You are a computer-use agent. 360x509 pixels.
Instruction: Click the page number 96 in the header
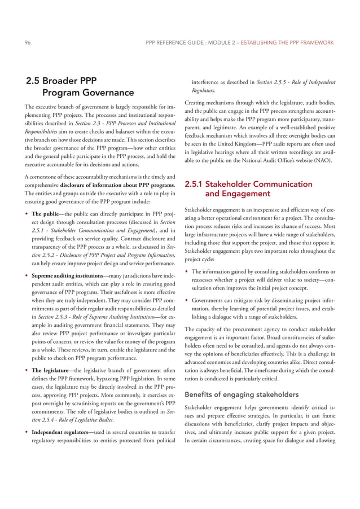tap(27, 42)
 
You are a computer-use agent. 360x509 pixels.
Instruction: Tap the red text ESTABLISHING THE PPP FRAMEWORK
tap(287, 42)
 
